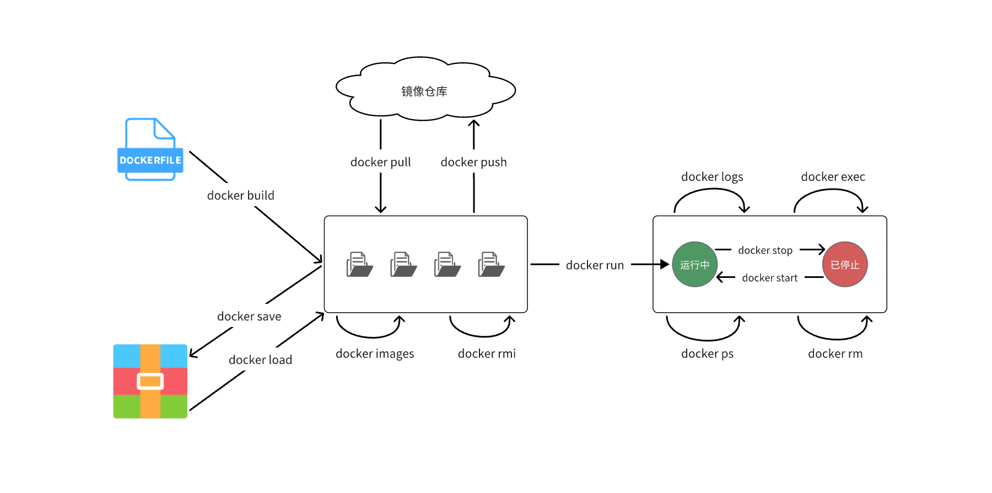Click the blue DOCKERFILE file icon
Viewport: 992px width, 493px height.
tap(150, 149)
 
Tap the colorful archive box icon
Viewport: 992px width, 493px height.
tap(150, 381)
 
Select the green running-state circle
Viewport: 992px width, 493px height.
tap(694, 265)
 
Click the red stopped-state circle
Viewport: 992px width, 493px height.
tap(845, 265)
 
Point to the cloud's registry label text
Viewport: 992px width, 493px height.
tap(424, 92)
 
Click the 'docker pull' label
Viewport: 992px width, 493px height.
tap(380, 162)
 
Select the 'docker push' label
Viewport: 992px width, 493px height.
tap(473, 162)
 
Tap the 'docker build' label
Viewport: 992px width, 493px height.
tap(240, 195)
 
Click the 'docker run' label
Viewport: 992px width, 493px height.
tap(595, 265)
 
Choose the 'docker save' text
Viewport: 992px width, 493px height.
tap(249, 317)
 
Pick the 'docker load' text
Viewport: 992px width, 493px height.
tap(260, 360)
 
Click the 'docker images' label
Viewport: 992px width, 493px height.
tap(375, 354)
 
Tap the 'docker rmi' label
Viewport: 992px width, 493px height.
tap(487, 354)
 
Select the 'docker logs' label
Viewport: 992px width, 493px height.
tap(712, 177)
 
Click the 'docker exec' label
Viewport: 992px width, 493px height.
tap(833, 177)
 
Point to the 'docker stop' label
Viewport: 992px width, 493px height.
tap(765, 250)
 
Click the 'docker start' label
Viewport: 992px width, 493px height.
tap(769, 278)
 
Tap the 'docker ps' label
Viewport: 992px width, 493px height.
tap(707, 354)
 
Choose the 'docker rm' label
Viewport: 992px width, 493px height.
tap(835, 354)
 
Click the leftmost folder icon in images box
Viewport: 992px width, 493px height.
tap(359, 265)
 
